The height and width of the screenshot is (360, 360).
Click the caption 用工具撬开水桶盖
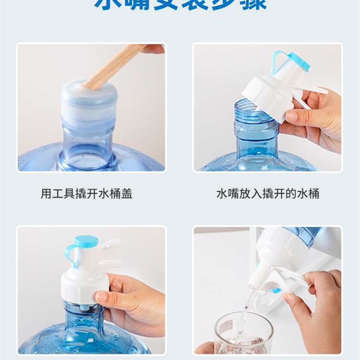coord(86,194)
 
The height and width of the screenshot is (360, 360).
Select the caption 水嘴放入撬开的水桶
coord(268,194)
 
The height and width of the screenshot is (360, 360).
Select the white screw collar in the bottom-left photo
coord(81,288)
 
